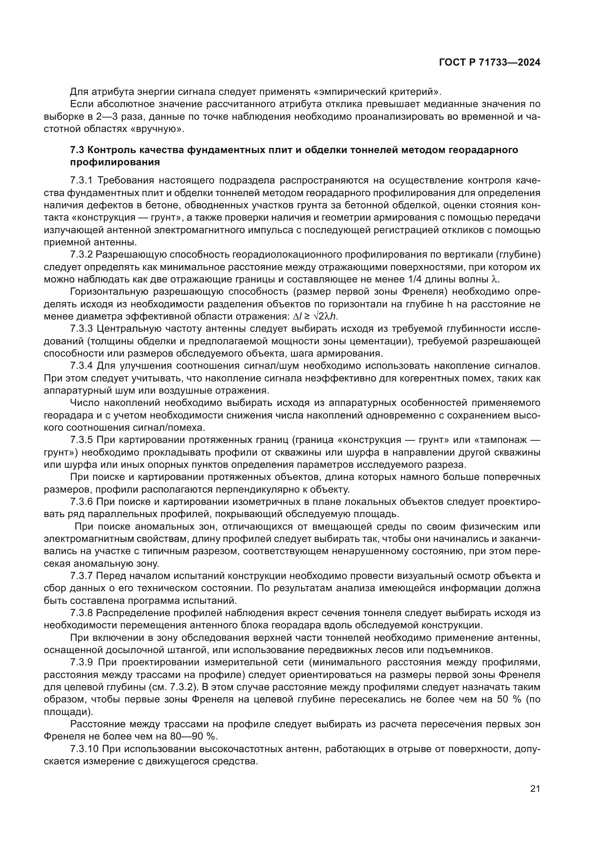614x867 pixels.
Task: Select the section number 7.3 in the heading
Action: [77, 150]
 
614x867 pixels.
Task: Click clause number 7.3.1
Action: [81, 181]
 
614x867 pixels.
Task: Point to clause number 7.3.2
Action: [81, 255]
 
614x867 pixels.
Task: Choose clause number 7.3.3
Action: [81, 329]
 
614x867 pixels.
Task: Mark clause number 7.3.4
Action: [81, 366]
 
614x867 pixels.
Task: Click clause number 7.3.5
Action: [81, 440]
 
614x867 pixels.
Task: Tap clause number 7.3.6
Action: [81, 502]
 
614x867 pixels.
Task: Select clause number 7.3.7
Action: [81, 576]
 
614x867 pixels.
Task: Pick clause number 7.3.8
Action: [81, 613]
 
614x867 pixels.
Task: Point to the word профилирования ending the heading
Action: [115, 162]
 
